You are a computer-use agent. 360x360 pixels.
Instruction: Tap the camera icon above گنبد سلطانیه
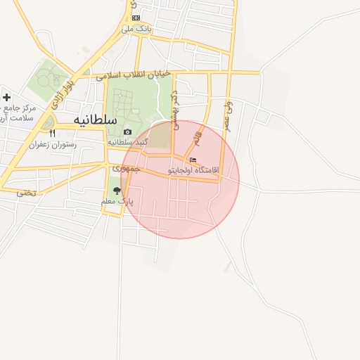coord(127,132)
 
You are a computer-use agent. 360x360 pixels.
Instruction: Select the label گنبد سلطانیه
coord(129,142)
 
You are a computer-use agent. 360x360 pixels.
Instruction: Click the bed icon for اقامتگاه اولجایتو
coord(193,160)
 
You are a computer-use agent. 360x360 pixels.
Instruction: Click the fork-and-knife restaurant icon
coord(52,133)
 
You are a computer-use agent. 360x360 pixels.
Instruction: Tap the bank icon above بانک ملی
coord(136,18)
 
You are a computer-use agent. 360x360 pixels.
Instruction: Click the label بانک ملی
coord(136,29)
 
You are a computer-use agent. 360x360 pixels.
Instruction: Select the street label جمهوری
coord(127,169)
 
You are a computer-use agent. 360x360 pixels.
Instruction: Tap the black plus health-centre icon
coord(7,97)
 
